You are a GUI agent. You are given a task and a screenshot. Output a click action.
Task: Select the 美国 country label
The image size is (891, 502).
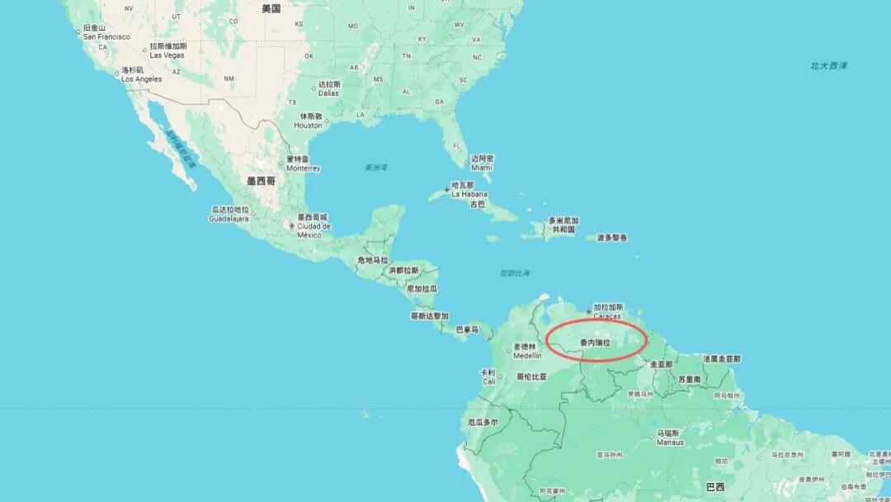(x=271, y=9)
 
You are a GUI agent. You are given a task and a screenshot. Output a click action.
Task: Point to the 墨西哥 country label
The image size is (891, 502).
(x=261, y=180)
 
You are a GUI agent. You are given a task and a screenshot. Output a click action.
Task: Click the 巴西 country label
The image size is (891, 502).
(x=714, y=486)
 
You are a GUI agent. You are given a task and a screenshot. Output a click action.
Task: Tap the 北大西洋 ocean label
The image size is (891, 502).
(x=828, y=65)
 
